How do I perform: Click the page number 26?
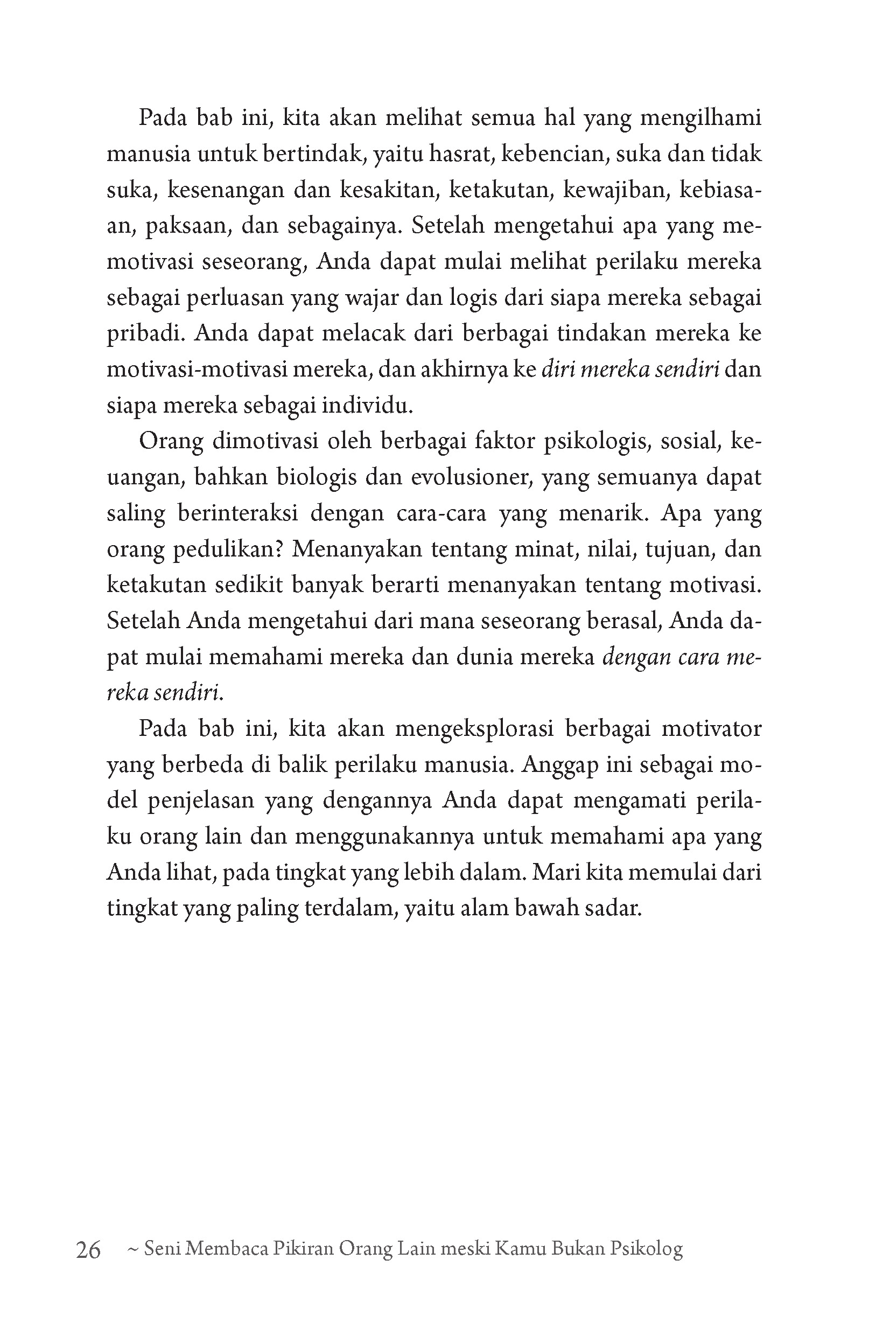[88, 1250]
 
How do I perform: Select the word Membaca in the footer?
[226, 1249]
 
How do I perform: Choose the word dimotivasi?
[265, 441]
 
